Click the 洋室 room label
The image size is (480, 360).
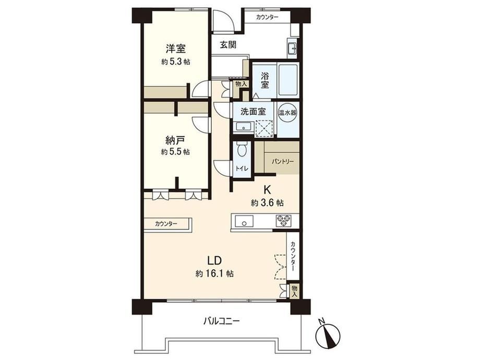click(x=176, y=49)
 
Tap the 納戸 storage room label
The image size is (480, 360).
click(x=175, y=140)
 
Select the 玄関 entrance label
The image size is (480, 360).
click(x=228, y=45)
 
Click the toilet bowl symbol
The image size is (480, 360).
click(x=242, y=151)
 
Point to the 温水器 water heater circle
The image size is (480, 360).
click(x=287, y=112)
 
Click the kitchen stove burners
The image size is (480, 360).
click(x=283, y=220)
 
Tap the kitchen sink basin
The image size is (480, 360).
click(x=244, y=221)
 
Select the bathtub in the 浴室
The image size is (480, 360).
click(x=288, y=80)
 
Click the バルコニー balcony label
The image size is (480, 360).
click(x=221, y=321)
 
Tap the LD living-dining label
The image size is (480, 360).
click(x=214, y=260)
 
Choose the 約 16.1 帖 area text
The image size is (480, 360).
click(x=214, y=274)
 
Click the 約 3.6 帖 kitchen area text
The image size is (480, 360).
click(x=267, y=202)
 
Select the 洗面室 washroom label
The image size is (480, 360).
click(x=253, y=112)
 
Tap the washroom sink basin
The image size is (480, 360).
click(x=243, y=126)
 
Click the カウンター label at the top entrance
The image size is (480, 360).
click(x=267, y=17)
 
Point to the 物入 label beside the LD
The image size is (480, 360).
click(x=294, y=291)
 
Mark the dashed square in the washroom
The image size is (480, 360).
click(x=264, y=128)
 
